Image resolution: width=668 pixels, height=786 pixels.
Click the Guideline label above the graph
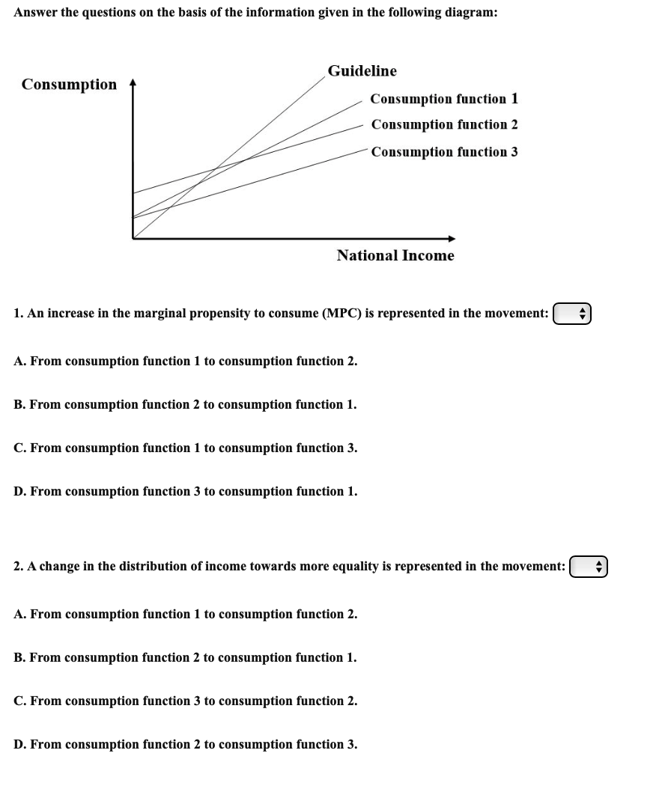[x=362, y=71]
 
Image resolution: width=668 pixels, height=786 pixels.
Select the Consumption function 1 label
[x=444, y=99]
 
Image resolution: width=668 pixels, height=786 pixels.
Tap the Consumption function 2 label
[x=444, y=124]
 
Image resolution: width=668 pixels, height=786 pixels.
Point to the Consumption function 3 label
[x=444, y=152]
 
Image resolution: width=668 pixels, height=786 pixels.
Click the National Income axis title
[x=395, y=255]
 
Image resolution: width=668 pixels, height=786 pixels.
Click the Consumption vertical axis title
[x=69, y=84]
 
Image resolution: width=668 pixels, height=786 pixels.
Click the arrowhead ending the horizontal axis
[x=452, y=239]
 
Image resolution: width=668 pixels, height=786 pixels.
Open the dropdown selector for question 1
[x=572, y=314]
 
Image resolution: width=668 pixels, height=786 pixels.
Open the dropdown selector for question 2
[x=589, y=567]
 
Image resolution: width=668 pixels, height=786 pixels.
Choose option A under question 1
[x=185, y=361]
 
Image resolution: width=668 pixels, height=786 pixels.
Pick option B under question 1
[x=185, y=404]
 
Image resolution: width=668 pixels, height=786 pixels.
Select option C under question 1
[x=185, y=448]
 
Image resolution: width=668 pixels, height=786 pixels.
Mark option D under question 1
[x=185, y=491]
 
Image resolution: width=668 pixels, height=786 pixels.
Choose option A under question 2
[x=185, y=614]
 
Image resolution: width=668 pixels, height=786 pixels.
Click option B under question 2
[x=185, y=657]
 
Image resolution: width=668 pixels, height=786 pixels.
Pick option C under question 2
[x=185, y=701]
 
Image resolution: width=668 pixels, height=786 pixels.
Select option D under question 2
[x=185, y=744]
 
